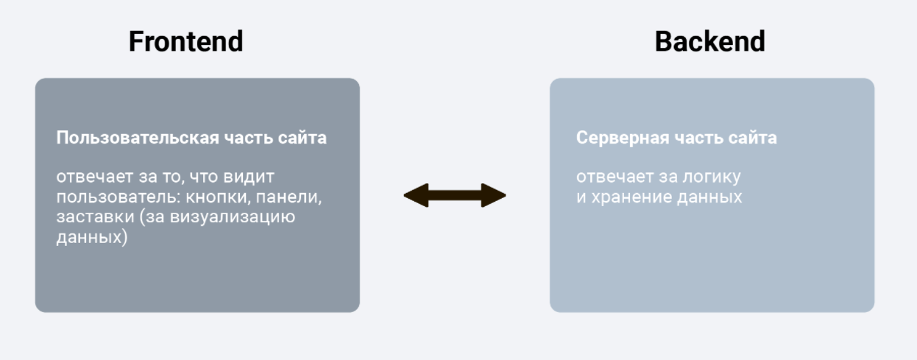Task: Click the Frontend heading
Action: (185, 41)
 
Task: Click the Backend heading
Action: (709, 41)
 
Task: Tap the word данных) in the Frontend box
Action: (91, 239)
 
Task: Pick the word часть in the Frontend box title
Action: (247, 138)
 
